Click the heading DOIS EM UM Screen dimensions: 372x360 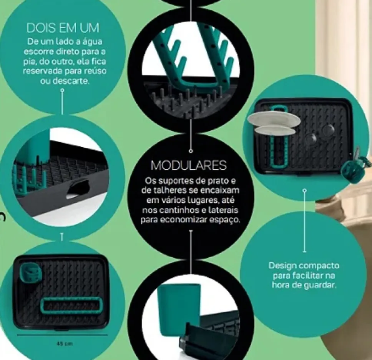[63, 28]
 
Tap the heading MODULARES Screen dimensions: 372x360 [189, 165]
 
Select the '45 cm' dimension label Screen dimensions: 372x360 [65, 343]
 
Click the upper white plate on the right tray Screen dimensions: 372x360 [274, 119]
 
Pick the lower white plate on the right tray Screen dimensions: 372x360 [275, 131]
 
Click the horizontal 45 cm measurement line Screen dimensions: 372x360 [62, 335]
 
